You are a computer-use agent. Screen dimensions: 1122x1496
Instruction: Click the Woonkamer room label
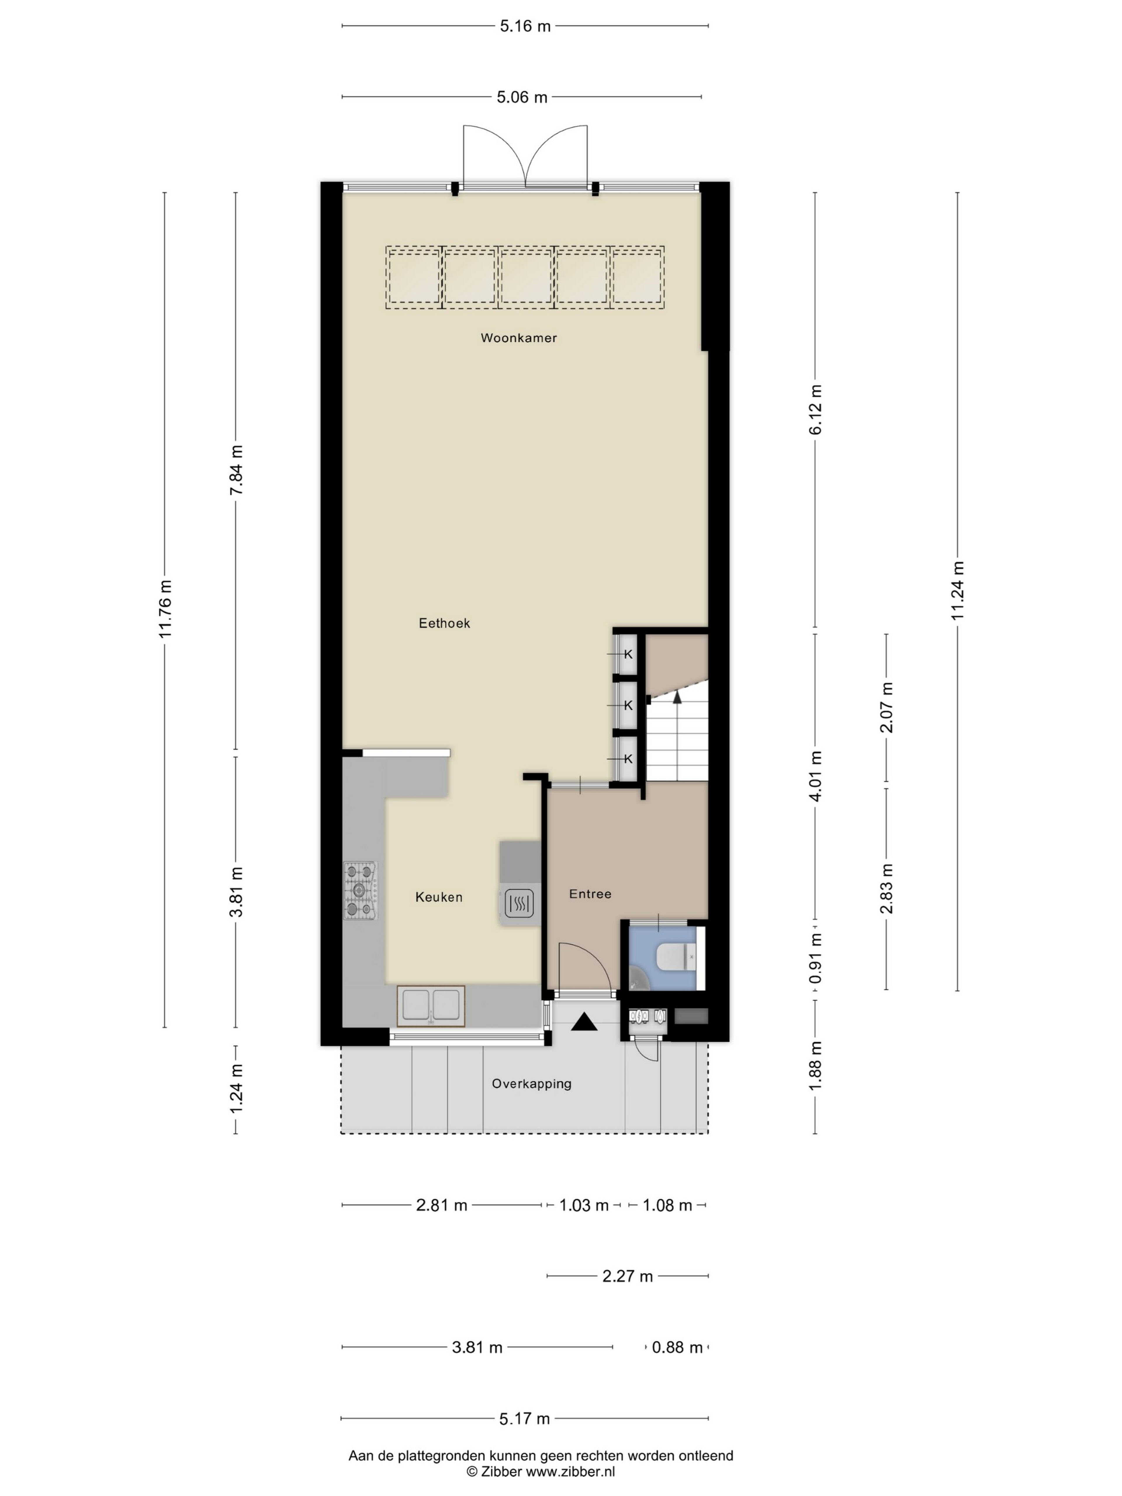[519, 337]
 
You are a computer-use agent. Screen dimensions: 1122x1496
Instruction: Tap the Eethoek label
[444, 623]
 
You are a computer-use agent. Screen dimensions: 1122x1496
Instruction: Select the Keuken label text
[439, 897]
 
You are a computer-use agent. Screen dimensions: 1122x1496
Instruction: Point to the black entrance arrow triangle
[584, 1021]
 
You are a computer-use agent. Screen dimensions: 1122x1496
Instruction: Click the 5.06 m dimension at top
[522, 97]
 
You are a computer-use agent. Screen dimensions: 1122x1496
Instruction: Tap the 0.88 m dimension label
[677, 1346]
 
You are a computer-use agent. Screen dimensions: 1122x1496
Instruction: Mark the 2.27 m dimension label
[628, 1275]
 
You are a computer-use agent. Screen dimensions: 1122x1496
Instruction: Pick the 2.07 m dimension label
[887, 707]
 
